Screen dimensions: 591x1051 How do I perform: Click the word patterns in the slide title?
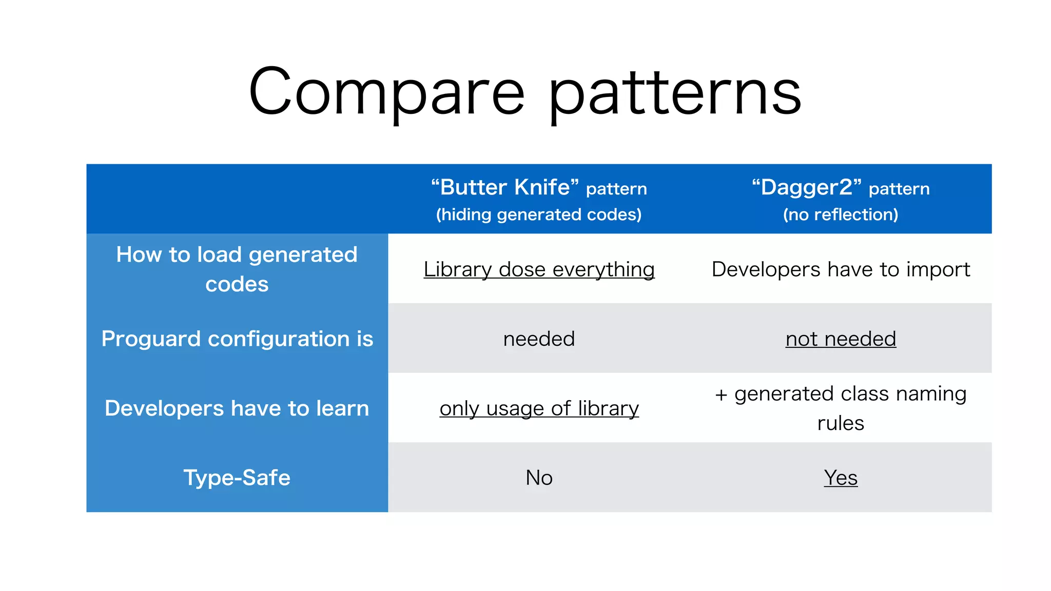[x=674, y=95]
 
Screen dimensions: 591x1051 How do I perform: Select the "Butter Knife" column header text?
[x=505, y=187]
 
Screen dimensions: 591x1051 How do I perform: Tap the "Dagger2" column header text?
[x=807, y=187]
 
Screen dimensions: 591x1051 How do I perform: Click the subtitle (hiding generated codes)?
[x=539, y=214]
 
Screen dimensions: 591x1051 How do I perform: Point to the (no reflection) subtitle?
[x=841, y=214]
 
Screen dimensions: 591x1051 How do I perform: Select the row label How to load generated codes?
[x=237, y=269]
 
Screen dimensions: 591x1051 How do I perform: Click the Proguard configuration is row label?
[x=237, y=339]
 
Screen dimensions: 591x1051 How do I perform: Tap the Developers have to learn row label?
[x=237, y=408]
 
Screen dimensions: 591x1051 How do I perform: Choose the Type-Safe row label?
[x=237, y=478]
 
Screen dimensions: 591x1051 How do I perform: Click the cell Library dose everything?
[x=539, y=269]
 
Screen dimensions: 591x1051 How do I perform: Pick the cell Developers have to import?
[x=841, y=269]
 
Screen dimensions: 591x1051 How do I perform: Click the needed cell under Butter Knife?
[x=539, y=339]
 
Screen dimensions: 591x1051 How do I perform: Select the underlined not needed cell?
[x=841, y=339]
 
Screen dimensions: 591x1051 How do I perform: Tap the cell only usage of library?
[x=539, y=408]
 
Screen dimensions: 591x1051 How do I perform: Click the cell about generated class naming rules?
[x=841, y=408]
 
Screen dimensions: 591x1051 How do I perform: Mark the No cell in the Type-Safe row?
[x=539, y=478]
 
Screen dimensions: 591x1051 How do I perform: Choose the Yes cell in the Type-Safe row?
[x=841, y=478]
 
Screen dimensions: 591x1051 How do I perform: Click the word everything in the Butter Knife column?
[x=604, y=270]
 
